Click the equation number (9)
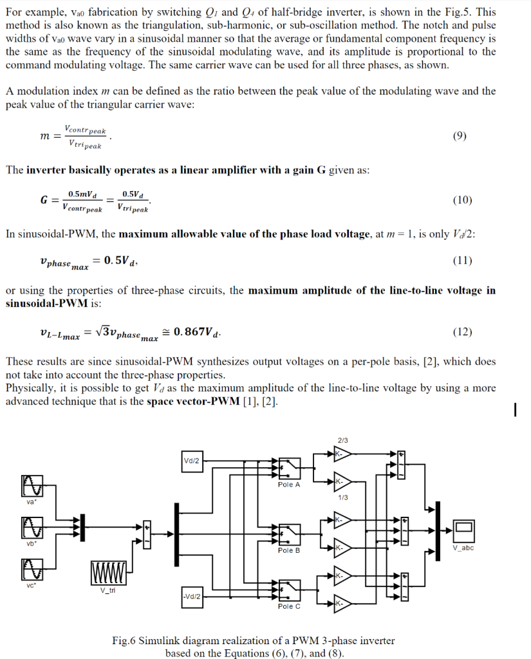click(460, 136)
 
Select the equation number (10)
click(461, 200)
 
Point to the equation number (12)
click(461, 332)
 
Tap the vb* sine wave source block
click(32, 529)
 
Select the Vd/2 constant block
click(192, 461)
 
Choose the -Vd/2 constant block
click(192, 597)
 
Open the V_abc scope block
click(463, 530)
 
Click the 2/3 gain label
click(342, 440)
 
